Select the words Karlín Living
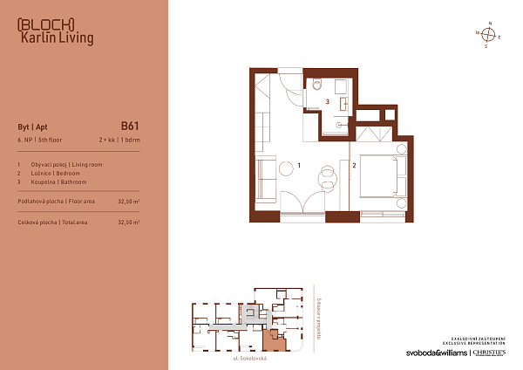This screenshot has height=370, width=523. pyautogui.click(x=56, y=38)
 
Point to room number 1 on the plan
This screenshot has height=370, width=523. pyautogui.click(x=299, y=164)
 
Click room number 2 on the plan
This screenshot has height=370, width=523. pyautogui.click(x=355, y=164)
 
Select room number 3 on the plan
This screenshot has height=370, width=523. pyautogui.click(x=327, y=102)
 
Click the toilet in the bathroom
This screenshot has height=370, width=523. pyautogui.click(x=318, y=85)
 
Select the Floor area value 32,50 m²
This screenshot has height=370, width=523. pyautogui.click(x=128, y=201)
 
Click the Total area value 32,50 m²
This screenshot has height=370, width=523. pyautogui.click(x=128, y=223)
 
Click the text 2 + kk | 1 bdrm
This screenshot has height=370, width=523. pyautogui.click(x=119, y=140)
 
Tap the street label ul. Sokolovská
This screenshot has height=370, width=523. pyautogui.click(x=250, y=359)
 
